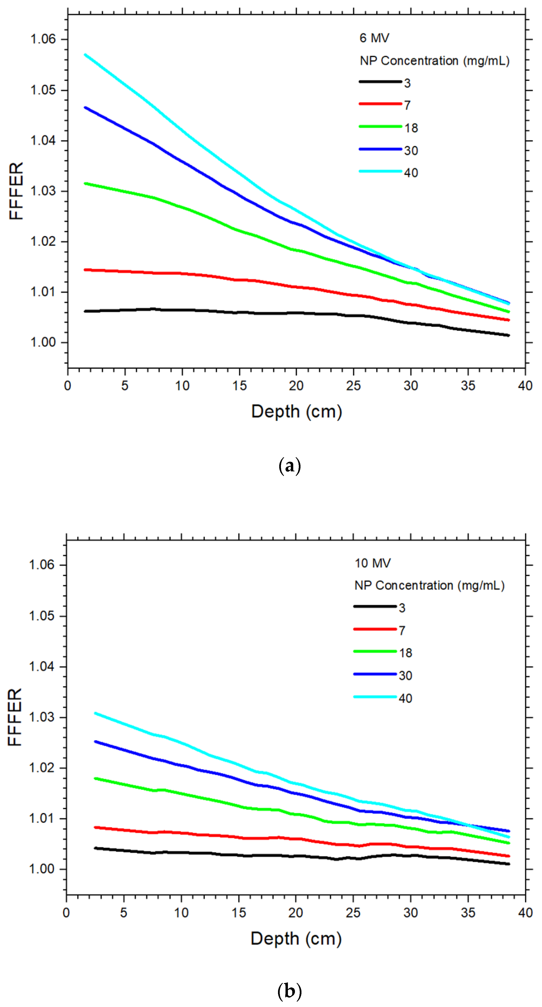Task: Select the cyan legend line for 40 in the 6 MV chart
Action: (380, 171)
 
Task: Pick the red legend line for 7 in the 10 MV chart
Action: (375, 629)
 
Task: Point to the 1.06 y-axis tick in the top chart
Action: (43, 39)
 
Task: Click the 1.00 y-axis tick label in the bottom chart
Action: (42, 869)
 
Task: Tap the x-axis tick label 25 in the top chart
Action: (353, 386)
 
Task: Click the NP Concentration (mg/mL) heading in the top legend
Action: (434, 61)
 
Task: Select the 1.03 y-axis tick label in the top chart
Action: (43, 191)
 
